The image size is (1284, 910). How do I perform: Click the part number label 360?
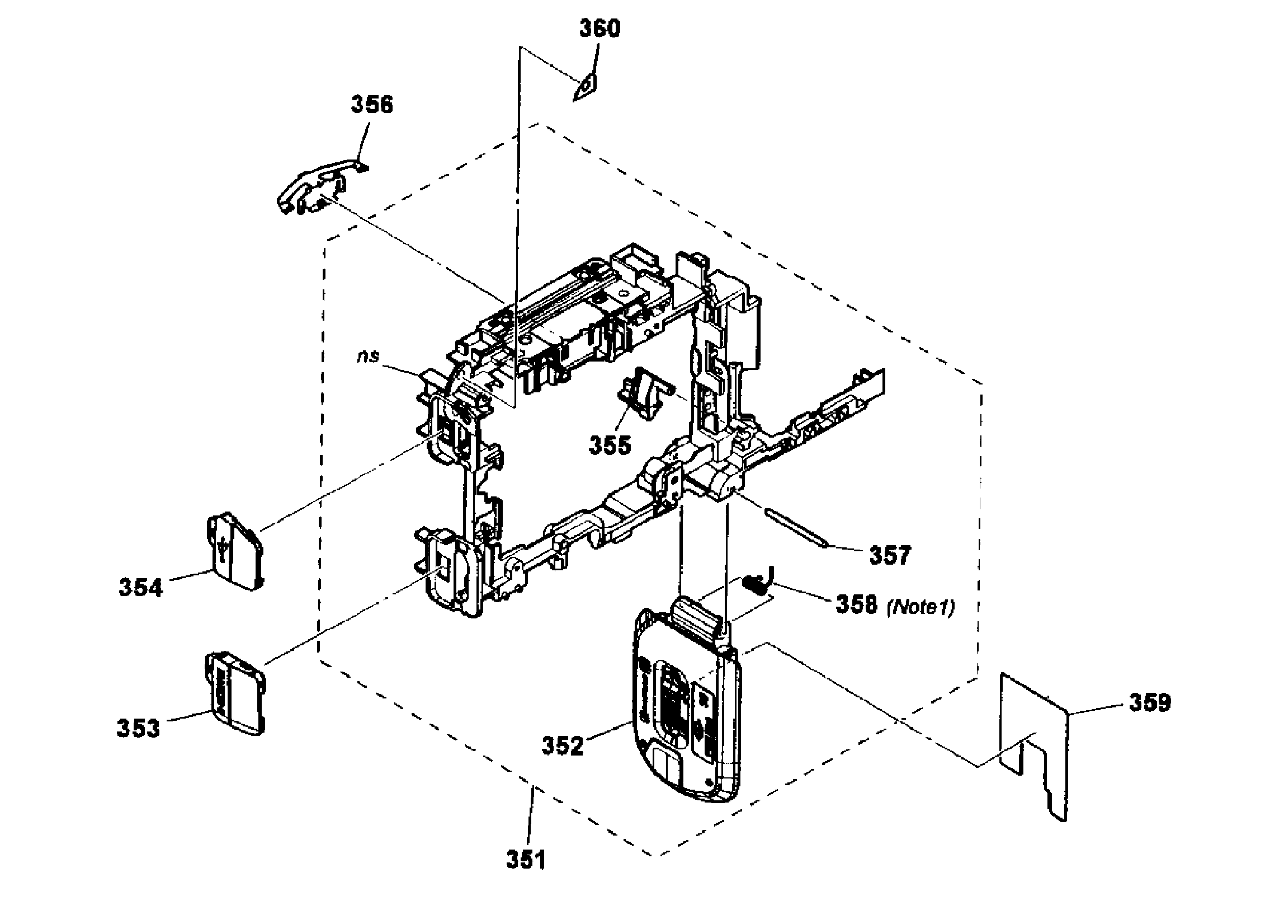[599, 29]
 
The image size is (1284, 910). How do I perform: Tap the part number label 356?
[372, 105]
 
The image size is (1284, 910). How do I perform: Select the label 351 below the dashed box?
[525, 860]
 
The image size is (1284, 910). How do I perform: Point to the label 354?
[140, 588]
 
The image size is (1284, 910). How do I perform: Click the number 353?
[138, 729]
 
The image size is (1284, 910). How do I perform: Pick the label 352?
[562, 745]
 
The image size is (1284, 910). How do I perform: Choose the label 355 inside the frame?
[609, 445]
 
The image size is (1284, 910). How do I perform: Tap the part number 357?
[890, 555]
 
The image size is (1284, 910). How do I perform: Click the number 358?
[856, 604]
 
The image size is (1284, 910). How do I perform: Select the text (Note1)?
[920, 607]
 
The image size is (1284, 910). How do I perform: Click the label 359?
[1150, 702]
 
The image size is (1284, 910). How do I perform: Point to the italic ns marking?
[369, 357]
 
